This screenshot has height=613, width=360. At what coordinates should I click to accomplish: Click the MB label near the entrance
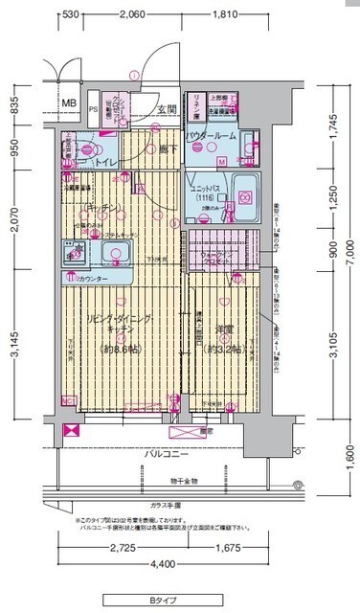click(x=69, y=103)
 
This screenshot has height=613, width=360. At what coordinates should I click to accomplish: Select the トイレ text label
click(x=107, y=164)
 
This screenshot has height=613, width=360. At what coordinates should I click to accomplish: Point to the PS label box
click(x=93, y=109)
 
